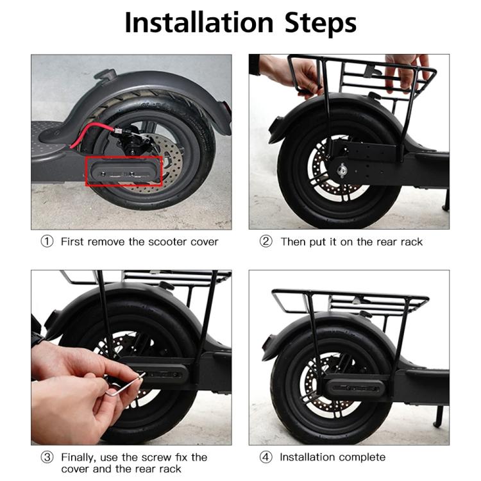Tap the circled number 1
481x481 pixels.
pyautogui.click(x=47, y=242)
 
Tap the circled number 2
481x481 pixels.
pyautogui.click(x=266, y=242)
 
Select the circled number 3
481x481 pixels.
pyautogui.click(x=47, y=457)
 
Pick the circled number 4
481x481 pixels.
pyautogui.click(x=266, y=457)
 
